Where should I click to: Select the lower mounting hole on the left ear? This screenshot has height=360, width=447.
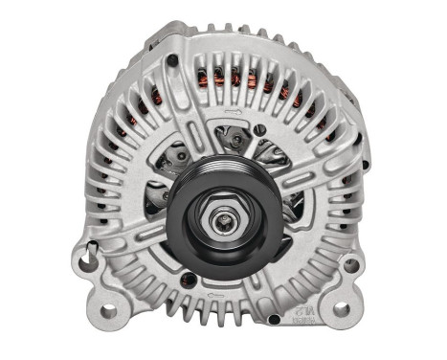(107, 310)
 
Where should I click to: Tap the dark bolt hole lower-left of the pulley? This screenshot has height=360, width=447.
(189, 279)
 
